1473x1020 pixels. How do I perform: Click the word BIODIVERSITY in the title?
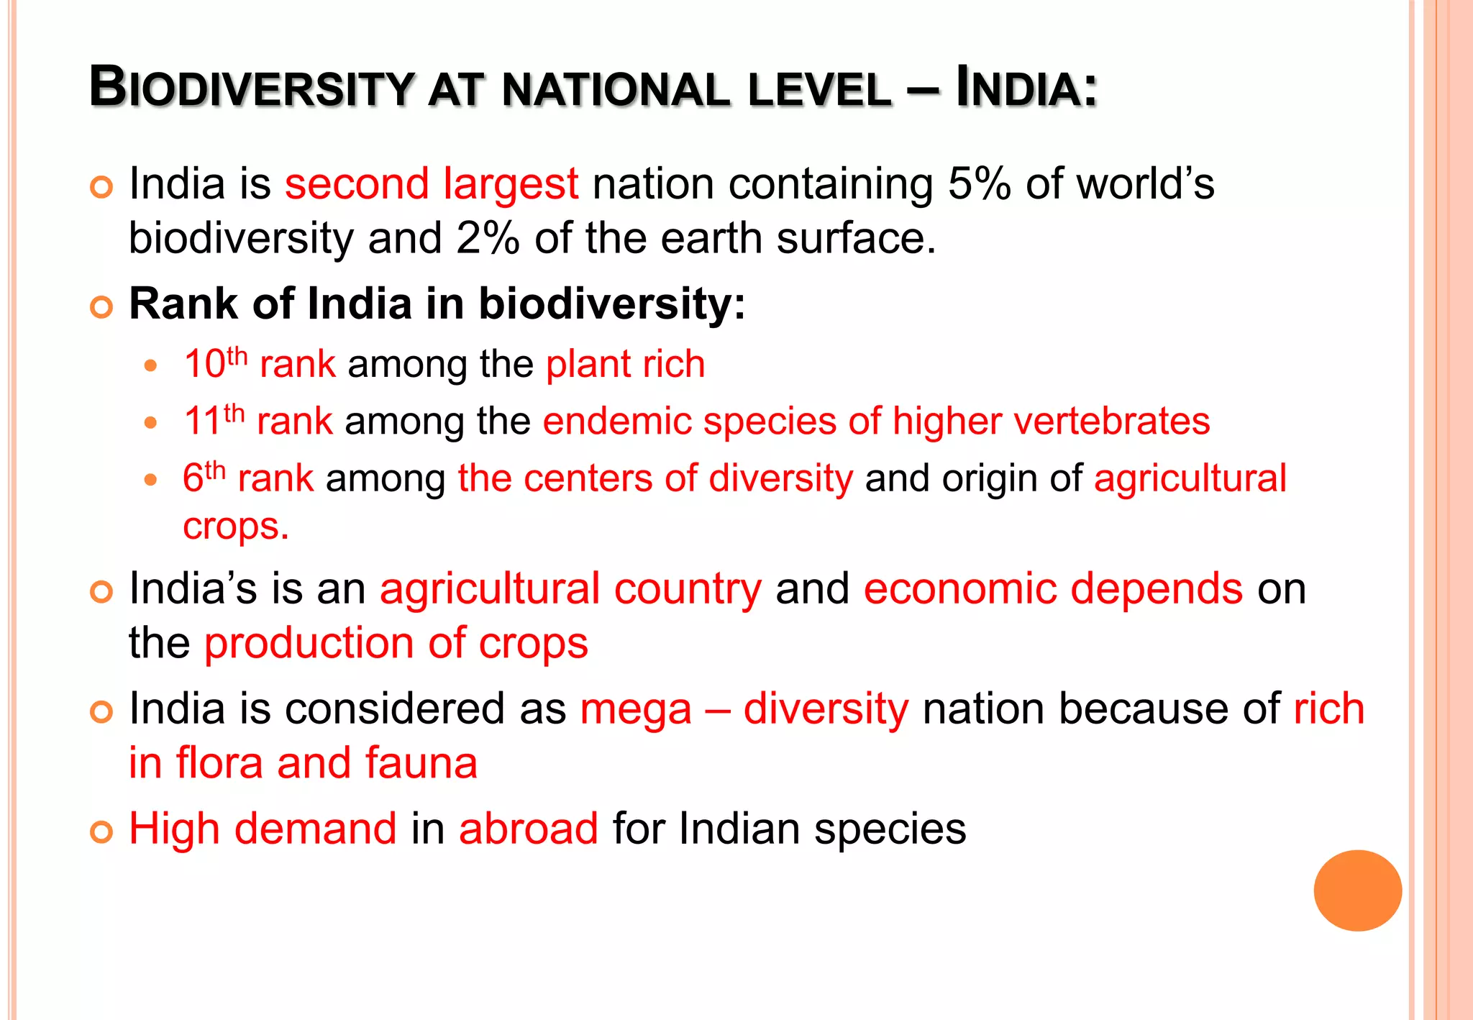[x=251, y=88]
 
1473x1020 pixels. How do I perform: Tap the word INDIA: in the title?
[x=1026, y=88]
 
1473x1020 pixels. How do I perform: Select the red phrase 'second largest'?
[x=431, y=184]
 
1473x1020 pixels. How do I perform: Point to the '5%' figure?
[x=979, y=184]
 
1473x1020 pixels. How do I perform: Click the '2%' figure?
[x=487, y=239]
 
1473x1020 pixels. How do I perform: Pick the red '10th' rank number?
[x=215, y=363]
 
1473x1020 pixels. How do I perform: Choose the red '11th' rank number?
[x=214, y=420]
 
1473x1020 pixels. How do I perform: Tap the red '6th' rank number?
[x=204, y=478]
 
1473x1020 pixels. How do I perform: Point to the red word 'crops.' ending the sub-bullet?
[x=235, y=527]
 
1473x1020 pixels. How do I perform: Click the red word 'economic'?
[x=960, y=589]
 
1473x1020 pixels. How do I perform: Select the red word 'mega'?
[x=636, y=710]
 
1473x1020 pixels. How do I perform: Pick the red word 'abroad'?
[x=528, y=829]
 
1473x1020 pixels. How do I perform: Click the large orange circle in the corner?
[x=1357, y=891]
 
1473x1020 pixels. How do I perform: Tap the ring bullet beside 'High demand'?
[x=102, y=832]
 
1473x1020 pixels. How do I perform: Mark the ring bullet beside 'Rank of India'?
[x=102, y=307]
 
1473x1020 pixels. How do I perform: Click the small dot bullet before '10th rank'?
[x=150, y=365]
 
